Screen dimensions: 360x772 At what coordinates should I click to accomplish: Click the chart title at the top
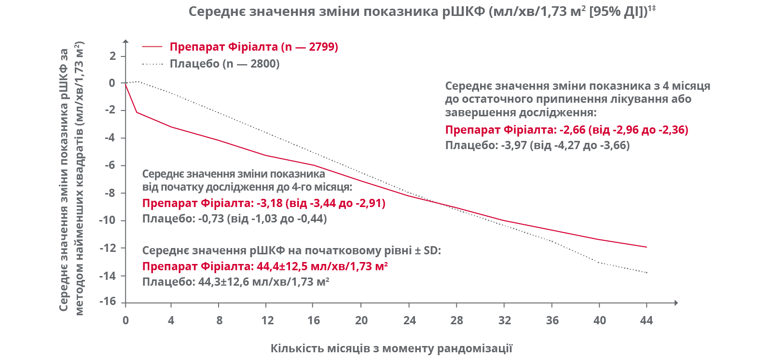[422, 11]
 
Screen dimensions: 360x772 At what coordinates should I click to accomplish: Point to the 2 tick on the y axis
[112, 55]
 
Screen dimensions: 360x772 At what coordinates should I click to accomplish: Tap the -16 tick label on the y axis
[108, 302]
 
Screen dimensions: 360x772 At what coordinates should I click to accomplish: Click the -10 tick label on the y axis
[108, 220]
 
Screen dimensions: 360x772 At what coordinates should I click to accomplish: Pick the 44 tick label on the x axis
[646, 320]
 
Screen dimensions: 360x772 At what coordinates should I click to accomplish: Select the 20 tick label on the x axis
[361, 320]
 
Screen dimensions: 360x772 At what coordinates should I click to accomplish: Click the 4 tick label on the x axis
[171, 320]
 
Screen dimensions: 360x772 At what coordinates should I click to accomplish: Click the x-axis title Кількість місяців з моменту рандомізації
[391, 348]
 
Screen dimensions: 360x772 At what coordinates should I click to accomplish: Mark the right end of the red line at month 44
[646, 247]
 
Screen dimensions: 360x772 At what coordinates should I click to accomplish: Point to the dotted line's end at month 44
[646, 273]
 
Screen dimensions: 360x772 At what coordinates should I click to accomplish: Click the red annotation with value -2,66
[566, 130]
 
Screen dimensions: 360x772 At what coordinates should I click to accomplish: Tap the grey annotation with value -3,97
[537, 145]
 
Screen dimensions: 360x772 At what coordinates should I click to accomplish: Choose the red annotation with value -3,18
[263, 203]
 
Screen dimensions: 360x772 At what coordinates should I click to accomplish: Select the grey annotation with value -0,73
[234, 219]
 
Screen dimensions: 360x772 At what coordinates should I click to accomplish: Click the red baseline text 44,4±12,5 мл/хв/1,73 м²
[265, 266]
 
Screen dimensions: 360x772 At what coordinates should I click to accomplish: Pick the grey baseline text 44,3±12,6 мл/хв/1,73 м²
[235, 282]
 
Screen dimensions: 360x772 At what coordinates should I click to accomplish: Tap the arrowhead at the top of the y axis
[125, 42]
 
